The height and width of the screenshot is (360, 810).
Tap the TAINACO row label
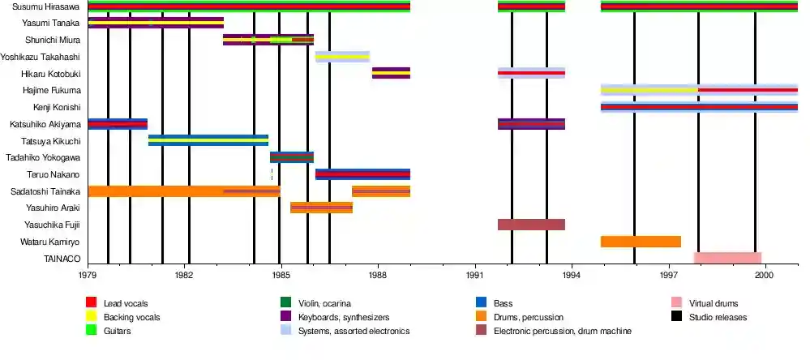tap(62, 259)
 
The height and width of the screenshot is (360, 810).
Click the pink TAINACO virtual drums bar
tap(727, 259)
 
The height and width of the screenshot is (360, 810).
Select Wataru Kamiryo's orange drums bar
tap(641, 242)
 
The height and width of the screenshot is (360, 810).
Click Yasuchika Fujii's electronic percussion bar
tap(531, 225)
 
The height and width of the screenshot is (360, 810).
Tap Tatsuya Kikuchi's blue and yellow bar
tap(208, 140)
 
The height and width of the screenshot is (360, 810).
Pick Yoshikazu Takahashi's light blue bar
tap(342, 57)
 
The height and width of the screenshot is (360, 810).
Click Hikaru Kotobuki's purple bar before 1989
tap(391, 73)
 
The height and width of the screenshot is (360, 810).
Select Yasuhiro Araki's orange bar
tap(321, 208)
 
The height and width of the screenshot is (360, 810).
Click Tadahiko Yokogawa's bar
tap(291, 157)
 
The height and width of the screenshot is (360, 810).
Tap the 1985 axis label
tap(280, 276)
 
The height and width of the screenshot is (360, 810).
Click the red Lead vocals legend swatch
tap(91, 303)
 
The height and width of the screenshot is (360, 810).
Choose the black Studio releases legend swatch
tap(676, 317)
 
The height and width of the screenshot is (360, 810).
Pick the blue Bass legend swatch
tap(482, 303)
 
